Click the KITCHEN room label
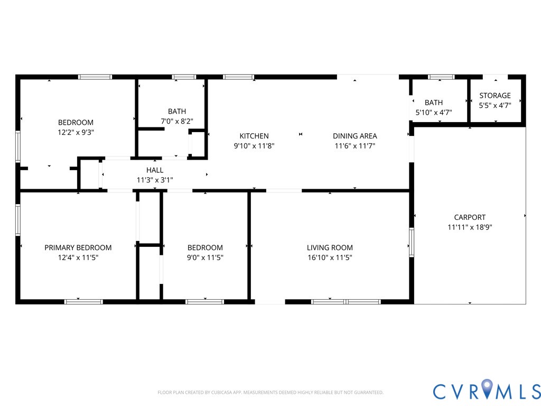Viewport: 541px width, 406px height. tap(254, 136)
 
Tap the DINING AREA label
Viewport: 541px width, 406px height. tap(355, 136)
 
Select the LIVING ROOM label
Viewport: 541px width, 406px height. tap(330, 247)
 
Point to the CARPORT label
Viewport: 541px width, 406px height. tap(470, 217)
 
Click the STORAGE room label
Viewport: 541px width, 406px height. tap(495, 95)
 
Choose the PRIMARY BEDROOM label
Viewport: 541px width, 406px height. tap(78, 247)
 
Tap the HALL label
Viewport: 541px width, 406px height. tap(155, 170)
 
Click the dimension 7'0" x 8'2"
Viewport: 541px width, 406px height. tap(177, 121)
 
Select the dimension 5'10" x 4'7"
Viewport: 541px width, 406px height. tap(434, 112)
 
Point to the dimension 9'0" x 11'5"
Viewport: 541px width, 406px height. tap(205, 257)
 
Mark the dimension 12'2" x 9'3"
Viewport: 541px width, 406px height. tap(76, 132)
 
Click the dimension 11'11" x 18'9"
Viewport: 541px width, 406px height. tap(470, 227)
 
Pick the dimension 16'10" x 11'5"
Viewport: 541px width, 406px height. tap(330, 257)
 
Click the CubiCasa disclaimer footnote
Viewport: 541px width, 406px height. tap(270, 392)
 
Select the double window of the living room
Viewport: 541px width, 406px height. tap(346, 302)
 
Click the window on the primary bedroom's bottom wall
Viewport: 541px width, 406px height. tap(83, 302)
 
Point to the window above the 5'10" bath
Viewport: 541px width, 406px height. tap(441, 77)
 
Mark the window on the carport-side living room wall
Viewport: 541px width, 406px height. tap(411, 242)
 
